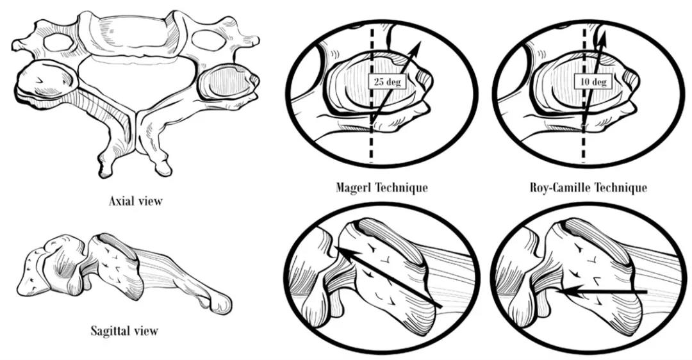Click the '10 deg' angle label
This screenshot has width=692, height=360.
(x=593, y=81)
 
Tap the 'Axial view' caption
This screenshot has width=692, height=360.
(x=136, y=201)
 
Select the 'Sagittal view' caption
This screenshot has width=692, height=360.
(x=124, y=331)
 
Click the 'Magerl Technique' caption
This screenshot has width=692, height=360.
(x=382, y=187)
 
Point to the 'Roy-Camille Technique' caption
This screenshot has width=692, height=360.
(x=588, y=188)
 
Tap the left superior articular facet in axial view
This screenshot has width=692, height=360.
(x=46, y=79)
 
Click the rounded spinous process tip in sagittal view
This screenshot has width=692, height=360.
(x=220, y=304)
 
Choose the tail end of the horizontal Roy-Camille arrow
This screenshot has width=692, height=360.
(x=647, y=291)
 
